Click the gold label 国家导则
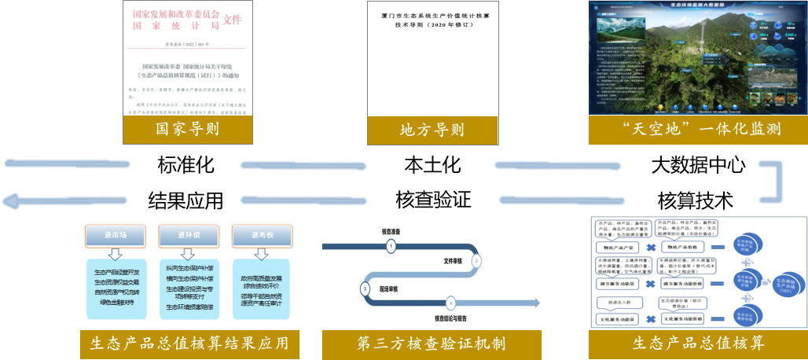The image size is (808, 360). coord(187,129)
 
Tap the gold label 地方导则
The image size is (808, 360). coord(432,130)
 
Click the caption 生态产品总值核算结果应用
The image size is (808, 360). coord(190,343)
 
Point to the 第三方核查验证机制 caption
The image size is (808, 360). coord(432,343)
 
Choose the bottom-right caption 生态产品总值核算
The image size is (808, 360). coord(698,343)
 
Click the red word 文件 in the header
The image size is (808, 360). coord(233,18)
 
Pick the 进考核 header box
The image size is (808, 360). coord(262,235)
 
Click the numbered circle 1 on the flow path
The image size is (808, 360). coord(391,246)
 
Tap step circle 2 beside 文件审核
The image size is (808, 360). coord(476,261)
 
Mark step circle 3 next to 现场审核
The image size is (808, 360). coord(365,288)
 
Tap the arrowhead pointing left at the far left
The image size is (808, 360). coord(9,202)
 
